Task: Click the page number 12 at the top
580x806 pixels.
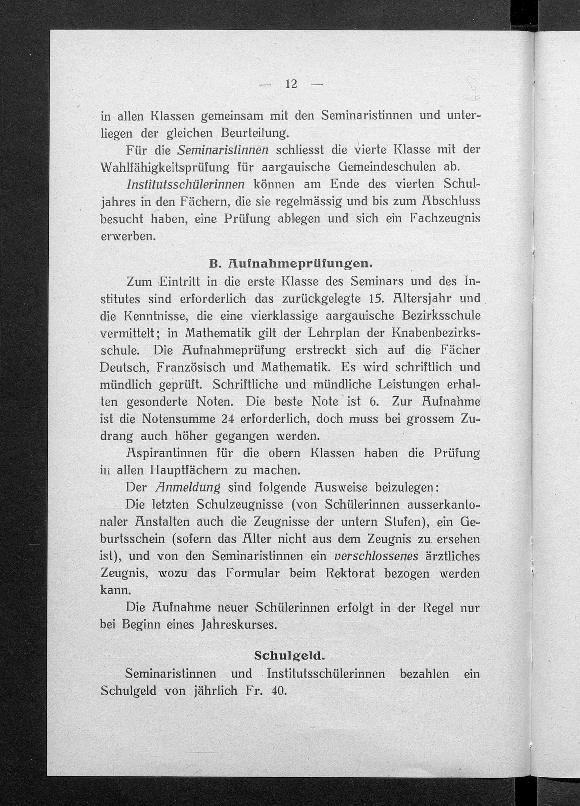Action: point(291,84)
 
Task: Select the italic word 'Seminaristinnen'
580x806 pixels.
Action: point(223,150)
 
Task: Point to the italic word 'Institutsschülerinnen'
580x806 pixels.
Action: point(185,185)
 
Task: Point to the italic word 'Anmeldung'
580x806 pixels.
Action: point(188,488)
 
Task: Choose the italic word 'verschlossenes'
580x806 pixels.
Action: point(376,556)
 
